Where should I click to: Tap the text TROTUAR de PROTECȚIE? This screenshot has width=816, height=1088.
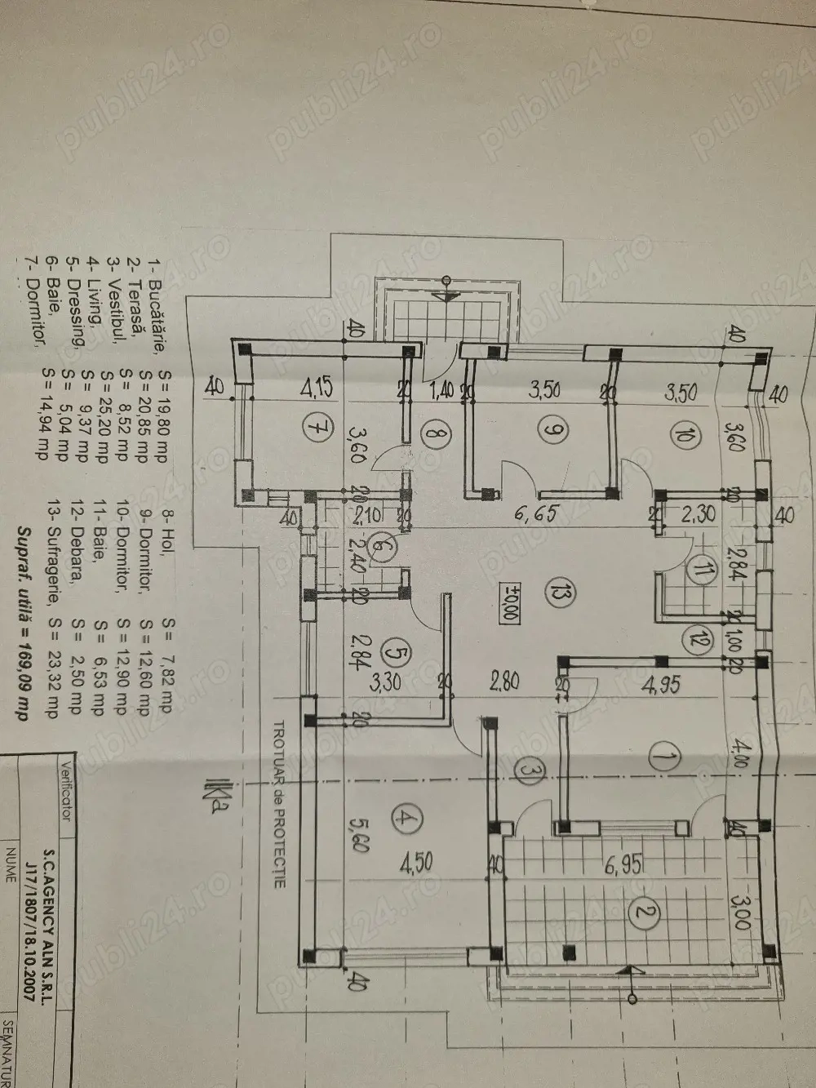(x=277, y=784)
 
